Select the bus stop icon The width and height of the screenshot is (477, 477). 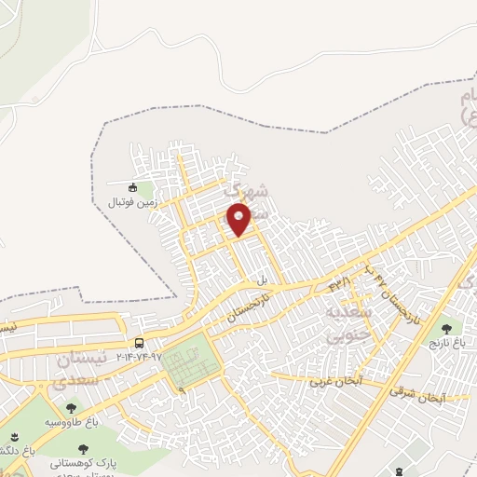click(139, 343)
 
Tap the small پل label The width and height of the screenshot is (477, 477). click(263, 279)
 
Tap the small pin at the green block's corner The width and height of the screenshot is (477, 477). click(183, 390)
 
